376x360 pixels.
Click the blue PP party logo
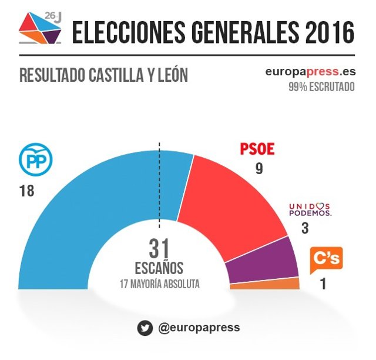(x=36, y=160)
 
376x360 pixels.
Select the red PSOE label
(x=257, y=150)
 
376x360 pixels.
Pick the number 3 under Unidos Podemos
(x=304, y=228)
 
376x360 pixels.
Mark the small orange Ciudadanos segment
(x=264, y=284)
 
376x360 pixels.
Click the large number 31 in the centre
(x=159, y=249)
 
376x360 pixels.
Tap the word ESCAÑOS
(x=159, y=268)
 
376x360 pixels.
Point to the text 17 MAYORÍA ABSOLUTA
(x=159, y=284)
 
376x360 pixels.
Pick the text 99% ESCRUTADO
(x=321, y=87)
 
